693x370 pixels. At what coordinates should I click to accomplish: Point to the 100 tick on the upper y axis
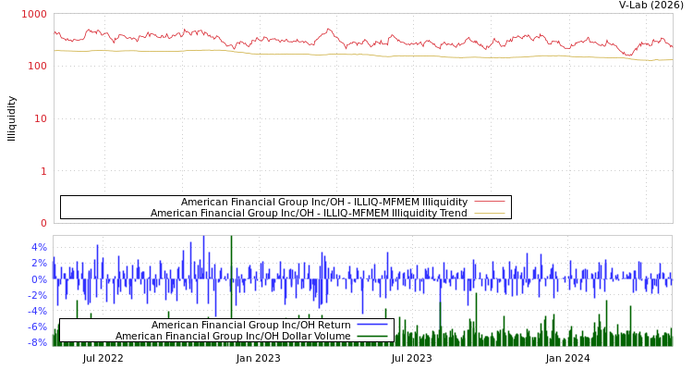36,67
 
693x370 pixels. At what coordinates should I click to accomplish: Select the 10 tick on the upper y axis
40,118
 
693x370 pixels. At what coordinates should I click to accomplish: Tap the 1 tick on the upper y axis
43,171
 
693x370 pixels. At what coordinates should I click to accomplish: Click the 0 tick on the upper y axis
43,223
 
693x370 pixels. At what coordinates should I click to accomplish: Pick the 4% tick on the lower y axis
39,247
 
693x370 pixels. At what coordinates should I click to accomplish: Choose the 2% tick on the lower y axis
39,263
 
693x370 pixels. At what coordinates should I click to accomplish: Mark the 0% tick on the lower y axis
39,278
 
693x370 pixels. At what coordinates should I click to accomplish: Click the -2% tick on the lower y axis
37,294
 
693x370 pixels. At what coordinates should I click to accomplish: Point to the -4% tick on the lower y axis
37,310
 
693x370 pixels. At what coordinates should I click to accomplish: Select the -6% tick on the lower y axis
37,327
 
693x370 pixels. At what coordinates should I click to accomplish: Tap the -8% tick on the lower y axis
37,342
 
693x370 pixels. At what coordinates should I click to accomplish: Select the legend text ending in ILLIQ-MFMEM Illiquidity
324,202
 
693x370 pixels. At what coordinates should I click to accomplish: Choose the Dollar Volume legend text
233,336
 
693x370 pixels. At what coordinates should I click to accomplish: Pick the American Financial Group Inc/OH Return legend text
251,325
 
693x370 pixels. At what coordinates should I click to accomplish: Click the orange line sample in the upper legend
490,213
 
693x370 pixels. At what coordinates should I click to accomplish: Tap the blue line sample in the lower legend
372,325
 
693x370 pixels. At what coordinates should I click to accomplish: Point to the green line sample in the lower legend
372,336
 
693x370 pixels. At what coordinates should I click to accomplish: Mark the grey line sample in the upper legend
490,202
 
